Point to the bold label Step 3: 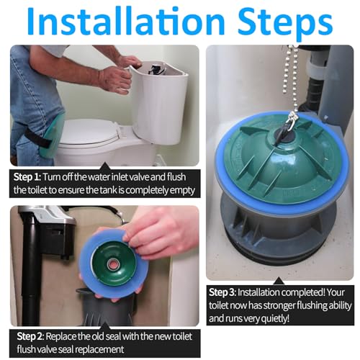pos(228,293)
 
